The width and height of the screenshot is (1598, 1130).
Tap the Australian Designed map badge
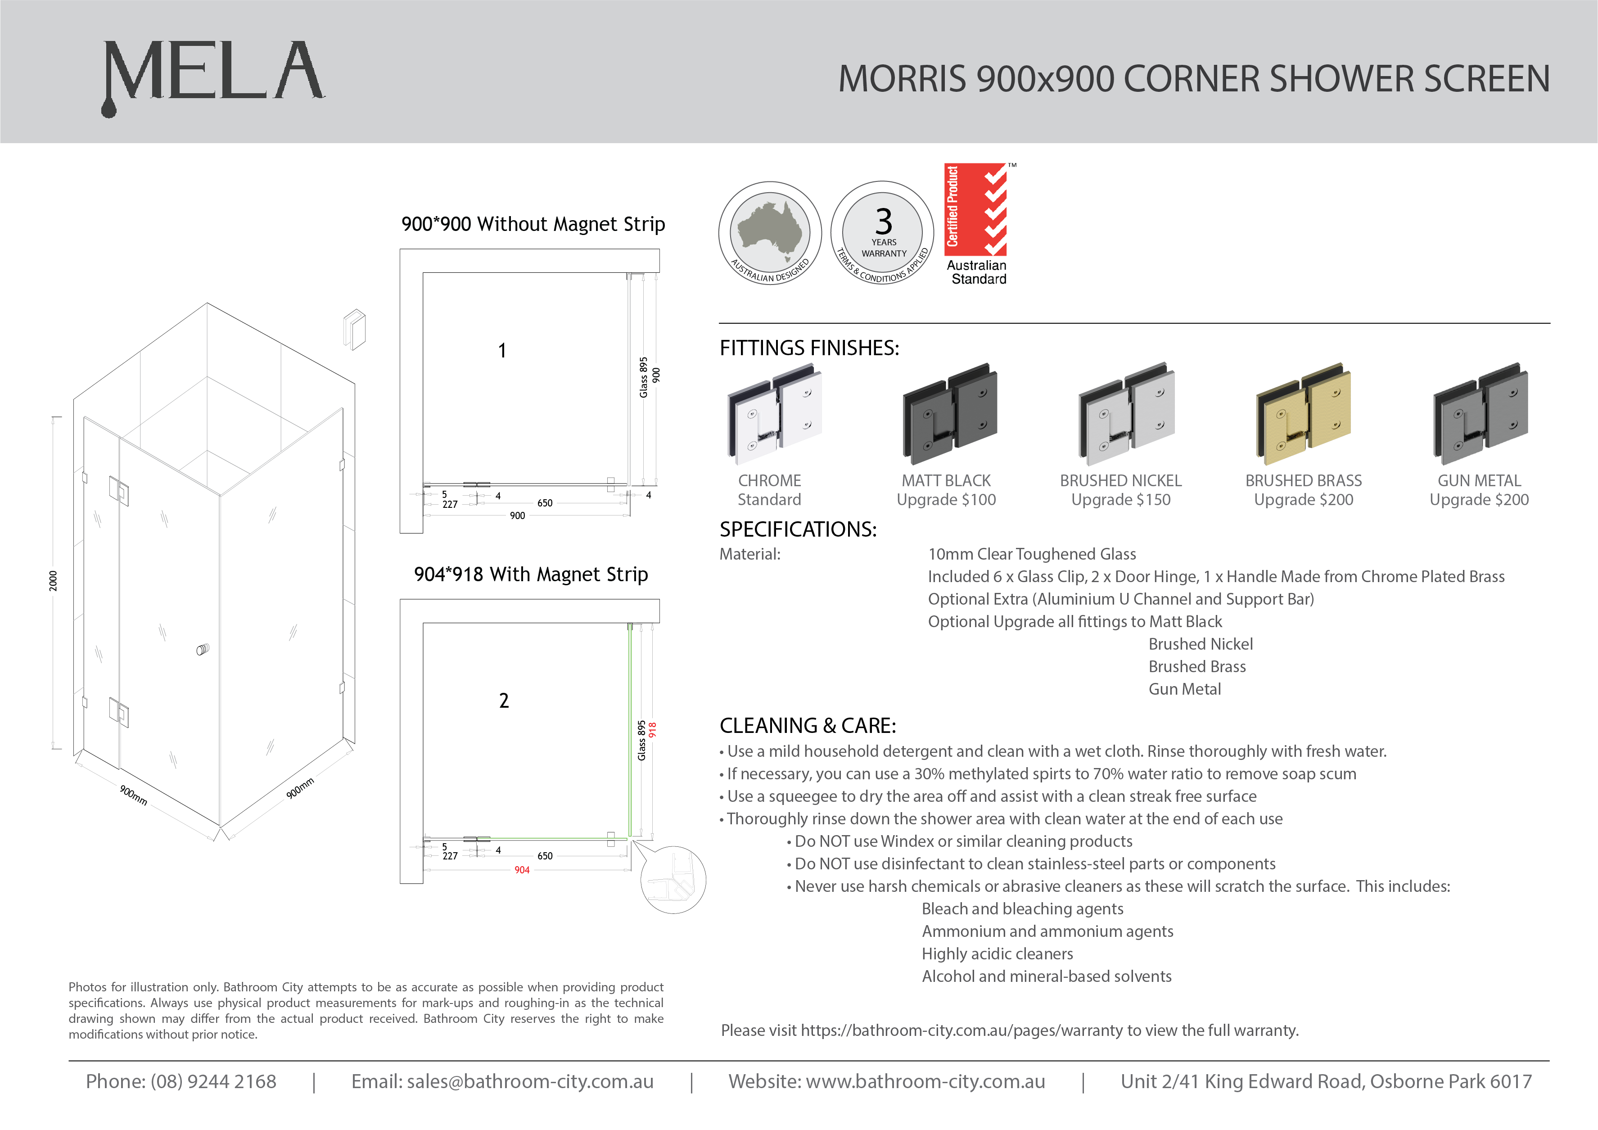[770, 233]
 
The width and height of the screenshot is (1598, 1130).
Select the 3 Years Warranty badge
[883, 233]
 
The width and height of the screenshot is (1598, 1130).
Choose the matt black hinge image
[949, 414]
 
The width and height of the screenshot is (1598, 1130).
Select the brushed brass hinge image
[1303, 414]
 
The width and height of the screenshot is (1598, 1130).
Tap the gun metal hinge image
[1481, 414]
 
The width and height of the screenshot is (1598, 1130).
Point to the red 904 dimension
[522, 870]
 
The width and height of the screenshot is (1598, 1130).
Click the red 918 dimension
[653, 730]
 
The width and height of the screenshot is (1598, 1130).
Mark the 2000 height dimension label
[54, 581]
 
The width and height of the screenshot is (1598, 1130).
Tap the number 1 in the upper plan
[502, 351]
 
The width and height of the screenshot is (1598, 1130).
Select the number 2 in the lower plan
[504, 701]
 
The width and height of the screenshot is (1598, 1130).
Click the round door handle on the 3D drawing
[203, 650]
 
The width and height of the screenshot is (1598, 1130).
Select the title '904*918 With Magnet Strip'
[531, 574]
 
